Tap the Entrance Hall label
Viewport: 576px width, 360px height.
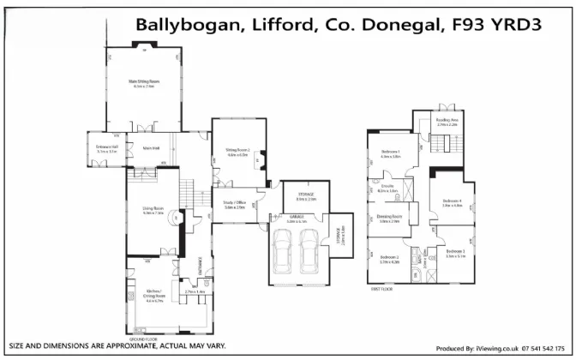click(x=106, y=148)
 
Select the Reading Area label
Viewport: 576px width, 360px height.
click(x=447, y=121)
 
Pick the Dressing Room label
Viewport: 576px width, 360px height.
click(x=388, y=219)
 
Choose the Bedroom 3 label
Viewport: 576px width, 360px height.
click(x=455, y=254)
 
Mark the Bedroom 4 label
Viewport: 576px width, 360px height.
click(x=452, y=202)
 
